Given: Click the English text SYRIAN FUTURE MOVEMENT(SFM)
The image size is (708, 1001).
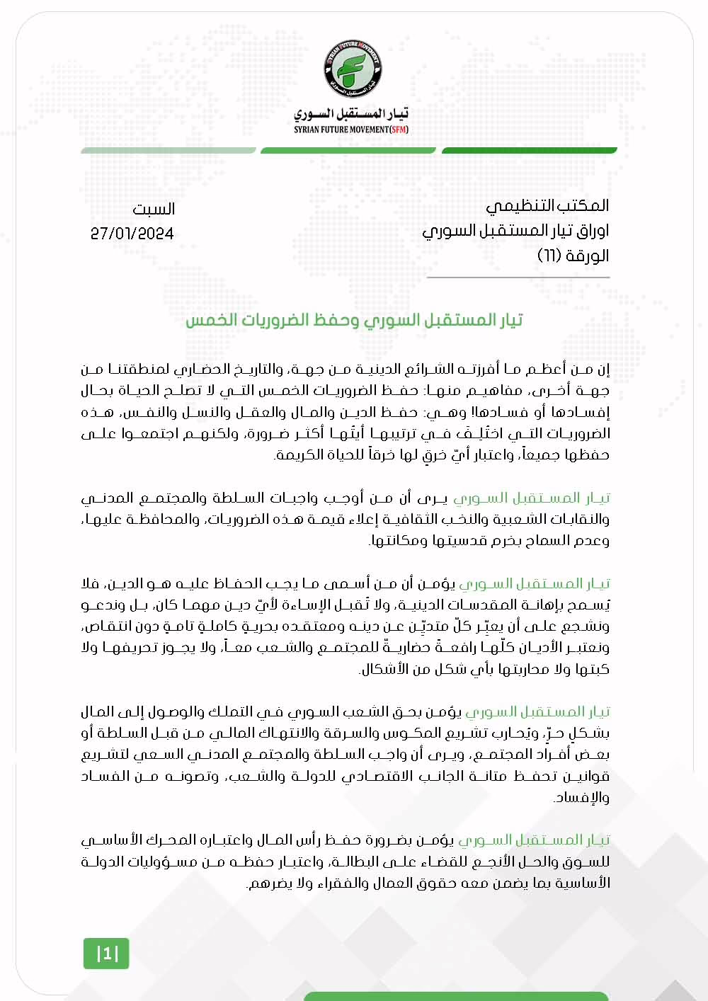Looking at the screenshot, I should click(351, 130).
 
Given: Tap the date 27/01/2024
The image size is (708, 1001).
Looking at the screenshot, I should click(132, 234).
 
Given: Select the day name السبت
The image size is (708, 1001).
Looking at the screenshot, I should click(154, 210).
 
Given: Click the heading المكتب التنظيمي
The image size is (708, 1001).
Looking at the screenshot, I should click(547, 206).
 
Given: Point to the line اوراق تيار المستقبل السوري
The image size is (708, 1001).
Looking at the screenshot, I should click(515, 231).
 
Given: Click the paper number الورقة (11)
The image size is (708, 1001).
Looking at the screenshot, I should click(573, 256).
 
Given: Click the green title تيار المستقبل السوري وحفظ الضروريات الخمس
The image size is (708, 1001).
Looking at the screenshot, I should click(354, 320).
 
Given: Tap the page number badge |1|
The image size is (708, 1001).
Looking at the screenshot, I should click(107, 954).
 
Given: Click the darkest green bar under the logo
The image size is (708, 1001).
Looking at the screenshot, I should click(529, 150).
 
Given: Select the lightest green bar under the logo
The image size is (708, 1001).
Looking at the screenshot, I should click(169, 150).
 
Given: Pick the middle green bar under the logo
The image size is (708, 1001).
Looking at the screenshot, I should click(348, 150).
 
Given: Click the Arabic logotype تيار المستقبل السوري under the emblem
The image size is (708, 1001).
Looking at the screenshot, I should click(351, 113).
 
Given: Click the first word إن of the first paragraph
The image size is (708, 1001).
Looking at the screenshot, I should click(603, 369).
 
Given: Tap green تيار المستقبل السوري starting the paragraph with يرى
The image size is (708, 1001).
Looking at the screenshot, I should click(532, 498).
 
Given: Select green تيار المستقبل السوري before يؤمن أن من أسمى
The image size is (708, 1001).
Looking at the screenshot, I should click(535, 583).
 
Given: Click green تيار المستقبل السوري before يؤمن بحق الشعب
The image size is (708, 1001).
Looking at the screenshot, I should click(537, 711).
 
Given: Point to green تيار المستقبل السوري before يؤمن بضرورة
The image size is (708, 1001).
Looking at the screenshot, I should click(535, 840).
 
